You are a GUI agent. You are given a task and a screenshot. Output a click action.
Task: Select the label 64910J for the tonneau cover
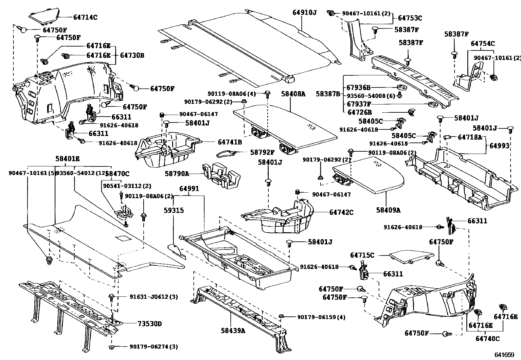pos(304,12)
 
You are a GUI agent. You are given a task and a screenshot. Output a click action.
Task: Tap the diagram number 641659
pos(504,354)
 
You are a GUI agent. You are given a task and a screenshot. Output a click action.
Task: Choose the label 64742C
pos(341,212)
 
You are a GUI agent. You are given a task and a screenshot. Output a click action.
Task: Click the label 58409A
pos(388,210)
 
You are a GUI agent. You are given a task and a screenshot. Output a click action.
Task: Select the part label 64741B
pos(230,142)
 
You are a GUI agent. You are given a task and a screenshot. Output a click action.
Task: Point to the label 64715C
pos(362,255)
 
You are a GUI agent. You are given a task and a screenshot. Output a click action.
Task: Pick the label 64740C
pos(487,338)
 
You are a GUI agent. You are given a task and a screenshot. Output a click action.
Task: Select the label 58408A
pos(293,94)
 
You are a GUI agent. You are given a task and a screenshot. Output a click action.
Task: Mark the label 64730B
pos(132,55)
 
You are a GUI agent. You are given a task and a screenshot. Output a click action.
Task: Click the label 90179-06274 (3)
pos(153,347)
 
